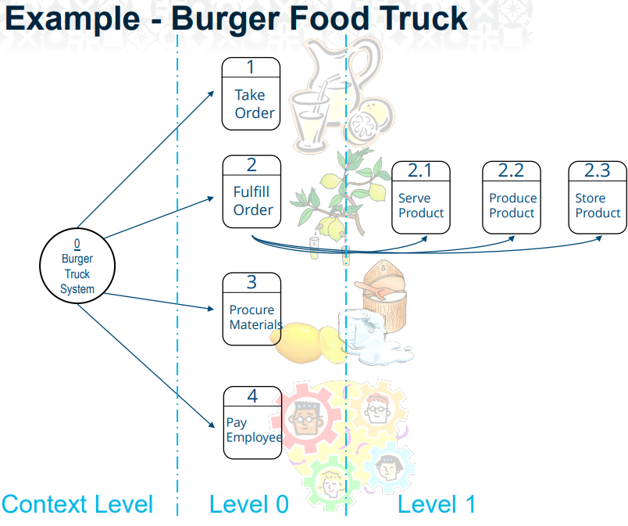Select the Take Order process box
point(251,94)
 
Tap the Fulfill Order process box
point(252,191)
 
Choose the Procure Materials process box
point(252,309)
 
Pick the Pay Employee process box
point(252,422)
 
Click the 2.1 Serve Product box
point(421,197)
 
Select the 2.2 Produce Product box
point(512,197)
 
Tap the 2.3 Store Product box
point(598,197)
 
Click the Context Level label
point(77,504)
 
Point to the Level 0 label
point(248,504)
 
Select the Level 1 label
point(436,504)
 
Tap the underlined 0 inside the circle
point(77,244)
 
